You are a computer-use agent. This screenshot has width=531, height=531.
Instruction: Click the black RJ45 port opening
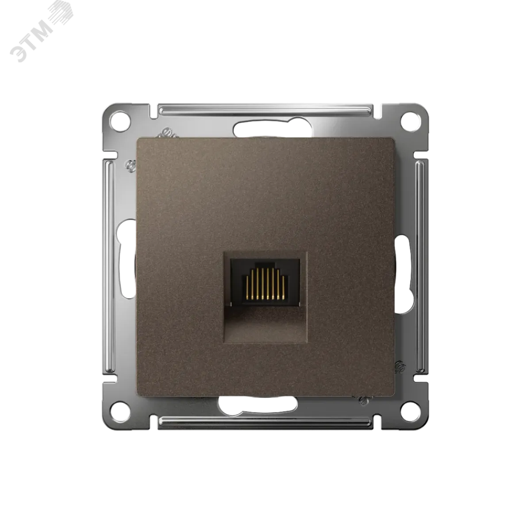265,283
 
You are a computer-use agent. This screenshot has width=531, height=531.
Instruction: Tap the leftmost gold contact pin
247,287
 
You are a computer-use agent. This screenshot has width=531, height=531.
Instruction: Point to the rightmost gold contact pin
283,287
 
